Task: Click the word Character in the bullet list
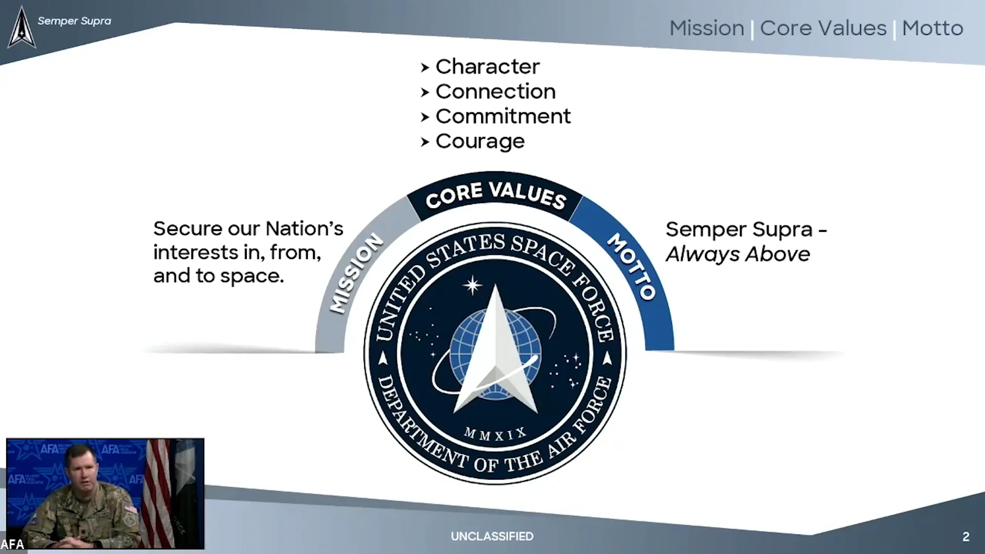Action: click(x=487, y=67)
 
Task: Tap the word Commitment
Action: click(x=503, y=116)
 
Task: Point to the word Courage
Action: click(x=480, y=142)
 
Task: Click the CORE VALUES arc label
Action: click(x=496, y=195)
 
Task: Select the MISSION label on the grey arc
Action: click(x=356, y=273)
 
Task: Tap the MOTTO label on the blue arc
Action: click(x=632, y=266)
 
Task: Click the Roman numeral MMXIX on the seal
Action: click(x=495, y=434)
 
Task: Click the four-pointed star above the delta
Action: click(x=472, y=285)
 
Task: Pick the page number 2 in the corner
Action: click(x=966, y=537)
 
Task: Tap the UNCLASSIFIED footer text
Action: click(x=492, y=537)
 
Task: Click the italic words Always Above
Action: click(x=738, y=254)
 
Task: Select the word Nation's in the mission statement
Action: click(x=304, y=229)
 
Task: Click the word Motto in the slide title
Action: click(x=933, y=28)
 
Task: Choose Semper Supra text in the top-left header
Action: click(x=74, y=21)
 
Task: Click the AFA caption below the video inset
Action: click(x=12, y=544)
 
